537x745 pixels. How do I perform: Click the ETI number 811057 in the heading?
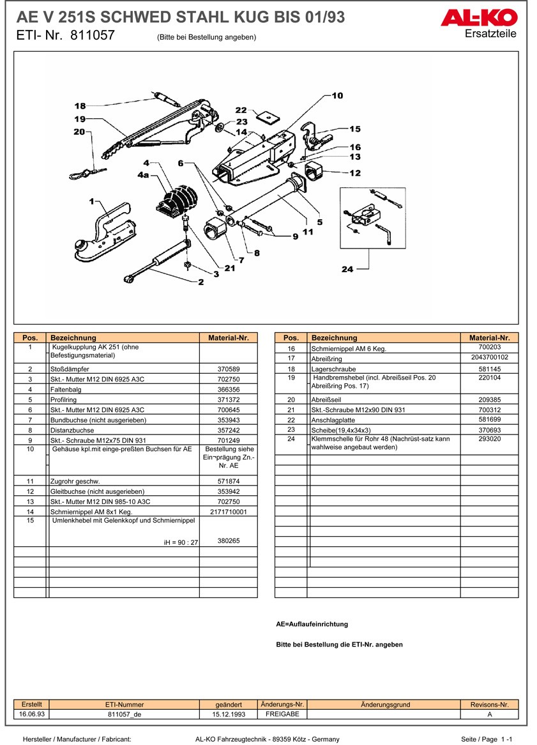[x=92, y=36]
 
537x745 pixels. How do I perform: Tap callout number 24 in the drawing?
[x=347, y=269]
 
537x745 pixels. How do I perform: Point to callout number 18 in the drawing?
[x=80, y=106]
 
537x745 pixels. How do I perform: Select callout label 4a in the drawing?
[x=143, y=174]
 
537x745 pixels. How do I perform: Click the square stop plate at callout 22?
[x=268, y=117]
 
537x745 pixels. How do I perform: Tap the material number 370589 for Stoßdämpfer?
[x=229, y=369]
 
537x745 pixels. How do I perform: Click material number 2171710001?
[x=229, y=512]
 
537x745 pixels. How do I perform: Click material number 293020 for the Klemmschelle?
[x=489, y=439]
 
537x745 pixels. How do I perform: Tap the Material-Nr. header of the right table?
[x=489, y=337]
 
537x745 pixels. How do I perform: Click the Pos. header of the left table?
[x=30, y=337]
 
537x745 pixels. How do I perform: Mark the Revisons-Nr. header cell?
[x=489, y=704]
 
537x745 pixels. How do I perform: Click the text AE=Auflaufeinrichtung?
[x=312, y=624]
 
